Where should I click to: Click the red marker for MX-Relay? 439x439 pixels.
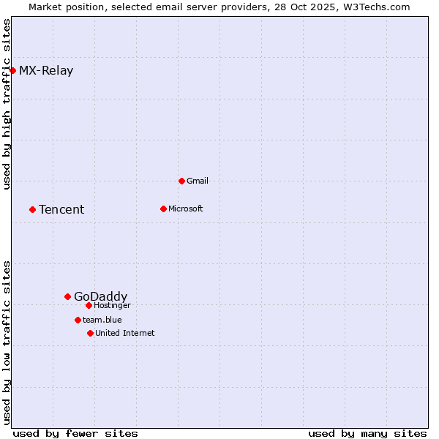[x=12, y=70]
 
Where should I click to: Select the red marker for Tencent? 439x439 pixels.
[x=32, y=209]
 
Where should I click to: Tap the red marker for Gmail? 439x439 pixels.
[x=181, y=181]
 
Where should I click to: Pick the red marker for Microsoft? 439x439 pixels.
[x=163, y=209]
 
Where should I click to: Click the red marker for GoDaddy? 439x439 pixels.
[x=67, y=296]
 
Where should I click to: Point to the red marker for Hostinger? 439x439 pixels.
[x=89, y=305]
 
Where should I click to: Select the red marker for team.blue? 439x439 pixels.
[x=78, y=320]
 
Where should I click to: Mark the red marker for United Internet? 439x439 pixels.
[x=90, y=333]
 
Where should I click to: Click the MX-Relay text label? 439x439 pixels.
[x=46, y=71]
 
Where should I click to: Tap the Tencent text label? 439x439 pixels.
[x=61, y=210]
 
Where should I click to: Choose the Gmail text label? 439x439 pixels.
[x=198, y=181]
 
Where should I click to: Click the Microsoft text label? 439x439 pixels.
[x=186, y=209]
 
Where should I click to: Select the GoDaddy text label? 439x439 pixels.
[x=100, y=296]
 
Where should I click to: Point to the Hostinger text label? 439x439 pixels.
[x=112, y=305]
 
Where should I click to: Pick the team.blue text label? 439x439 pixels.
[x=102, y=320]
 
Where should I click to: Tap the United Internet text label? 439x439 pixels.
[x=124, y=333]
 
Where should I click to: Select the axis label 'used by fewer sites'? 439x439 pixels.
[x=75, y=433]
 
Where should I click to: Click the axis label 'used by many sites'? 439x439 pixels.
[x=367, y=433]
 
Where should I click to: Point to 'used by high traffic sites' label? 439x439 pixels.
[x=7, y=105]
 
